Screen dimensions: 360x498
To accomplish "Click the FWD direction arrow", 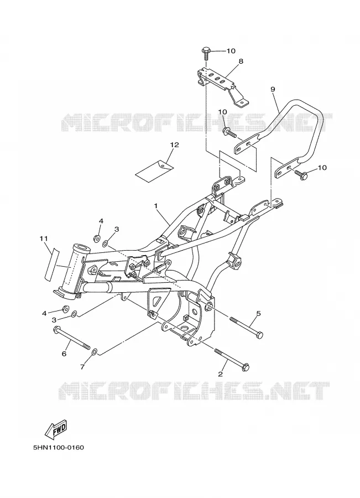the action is click(x=56, y=428).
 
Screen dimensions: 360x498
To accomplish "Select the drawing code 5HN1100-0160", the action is click(x=59, y=448).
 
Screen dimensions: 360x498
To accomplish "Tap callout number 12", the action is click(x=174, y=145).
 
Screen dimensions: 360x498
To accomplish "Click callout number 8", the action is click(x=241, y=61).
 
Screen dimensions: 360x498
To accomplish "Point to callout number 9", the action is click(x=273, y=89).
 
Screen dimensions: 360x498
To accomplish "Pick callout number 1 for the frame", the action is click(x=156, y=206).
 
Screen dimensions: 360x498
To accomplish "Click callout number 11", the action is click(x=44, y=238).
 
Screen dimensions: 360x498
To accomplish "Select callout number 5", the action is click(x=258, y=314).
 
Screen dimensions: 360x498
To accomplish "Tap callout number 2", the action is click(x=221, y=374).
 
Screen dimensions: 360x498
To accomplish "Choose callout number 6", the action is click(x=64, y=354).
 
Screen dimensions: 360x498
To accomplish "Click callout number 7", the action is click(x=82, y=367).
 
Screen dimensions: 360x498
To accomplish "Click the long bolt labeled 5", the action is click(x=246, y=326).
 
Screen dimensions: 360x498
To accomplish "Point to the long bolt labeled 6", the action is click(x=72, y=338).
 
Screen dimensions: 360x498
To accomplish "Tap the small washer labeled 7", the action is click(x=94, y=352).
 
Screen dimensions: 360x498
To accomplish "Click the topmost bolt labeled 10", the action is click(x=205, y=54).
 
